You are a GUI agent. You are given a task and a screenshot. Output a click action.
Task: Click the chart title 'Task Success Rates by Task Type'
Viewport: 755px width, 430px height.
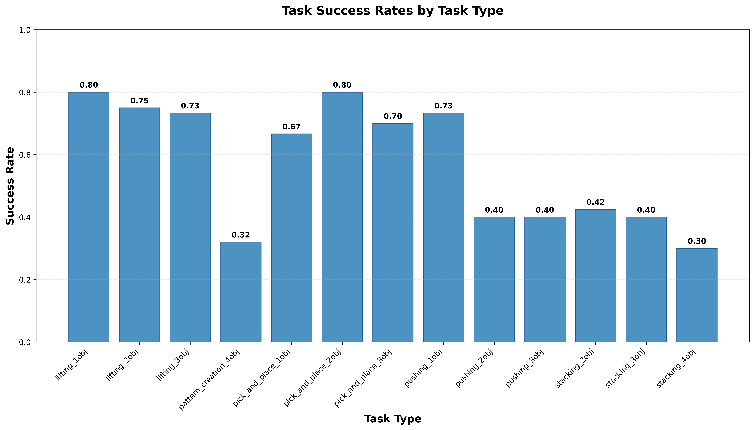pos(393,11)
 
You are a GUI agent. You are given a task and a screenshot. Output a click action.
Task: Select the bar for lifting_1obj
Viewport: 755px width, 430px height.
pos(89,217)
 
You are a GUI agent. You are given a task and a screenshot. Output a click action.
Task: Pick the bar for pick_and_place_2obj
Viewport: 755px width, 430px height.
pos(342,217)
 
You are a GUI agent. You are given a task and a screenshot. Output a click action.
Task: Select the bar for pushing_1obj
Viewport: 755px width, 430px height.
pos(443,227)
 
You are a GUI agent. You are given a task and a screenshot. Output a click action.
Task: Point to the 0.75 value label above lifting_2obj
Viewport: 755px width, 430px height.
pos(139,101)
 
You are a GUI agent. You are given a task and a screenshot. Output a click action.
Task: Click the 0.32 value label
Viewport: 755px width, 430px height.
pos(241,235)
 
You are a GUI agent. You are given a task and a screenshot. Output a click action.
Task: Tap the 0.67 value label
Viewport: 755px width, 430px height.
pos(291,127)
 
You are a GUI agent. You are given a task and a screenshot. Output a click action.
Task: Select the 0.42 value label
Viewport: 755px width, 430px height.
pos(595,202)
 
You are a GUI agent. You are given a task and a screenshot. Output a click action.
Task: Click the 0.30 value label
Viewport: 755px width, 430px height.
pos(697,241)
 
